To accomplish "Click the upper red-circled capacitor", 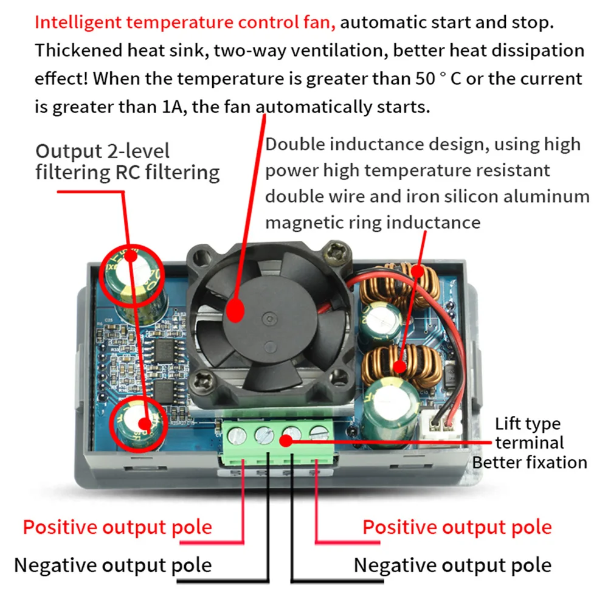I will pyautogui.click(x=132, y=274).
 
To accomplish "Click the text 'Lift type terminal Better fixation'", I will pyautogui.click(x=529, y=443).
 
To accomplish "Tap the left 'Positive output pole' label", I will pyautogui.click(x=117, y=527).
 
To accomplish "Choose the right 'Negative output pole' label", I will pyautogui.click(x=452, y=565).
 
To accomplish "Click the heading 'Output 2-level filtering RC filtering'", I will pyautogui.click(x=127, y=161).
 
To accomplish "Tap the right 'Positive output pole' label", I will pyautogui.click(x=457, y=527).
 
